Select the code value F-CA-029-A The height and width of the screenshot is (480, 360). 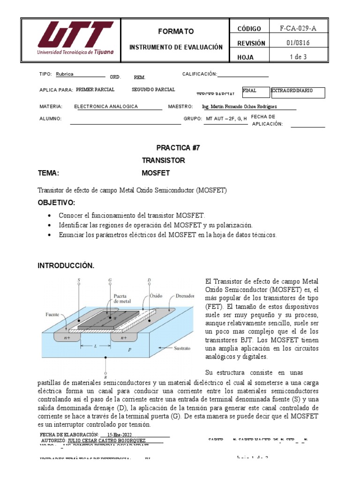(x=298, y=28)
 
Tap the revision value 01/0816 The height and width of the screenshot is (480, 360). (x=298, y=43)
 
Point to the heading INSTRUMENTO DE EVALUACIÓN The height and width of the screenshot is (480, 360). (x=175, y=47)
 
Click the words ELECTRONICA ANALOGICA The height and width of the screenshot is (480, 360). (x=106, y=106)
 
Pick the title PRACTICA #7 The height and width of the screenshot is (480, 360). (x=178, y=147)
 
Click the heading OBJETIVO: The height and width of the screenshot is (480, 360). (x=56, y=202)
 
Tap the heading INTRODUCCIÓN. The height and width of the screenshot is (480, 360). (x=66, y=266)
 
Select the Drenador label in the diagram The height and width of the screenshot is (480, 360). (x=185, y=296)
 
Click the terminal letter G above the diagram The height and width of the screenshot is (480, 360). (x=110, y=280)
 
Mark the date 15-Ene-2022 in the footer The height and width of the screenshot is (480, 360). (x=117, y=435)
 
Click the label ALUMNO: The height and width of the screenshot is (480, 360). (x=51, y=119)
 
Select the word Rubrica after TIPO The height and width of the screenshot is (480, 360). (x=65, y=74)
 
